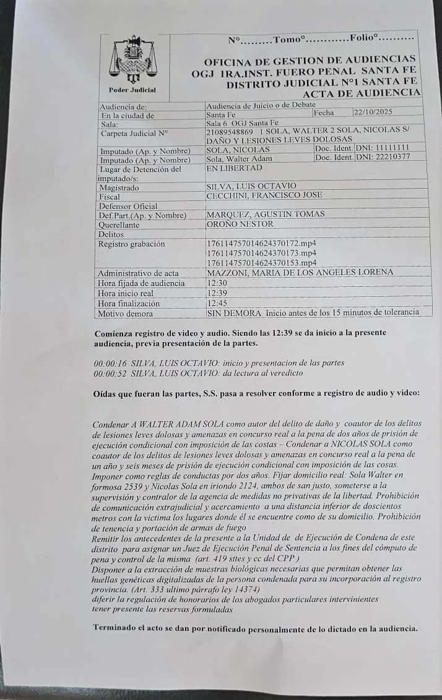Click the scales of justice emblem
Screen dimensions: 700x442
pos(133,60)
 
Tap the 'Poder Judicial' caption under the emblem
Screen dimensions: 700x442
pos(132,90)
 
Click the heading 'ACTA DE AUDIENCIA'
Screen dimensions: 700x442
pos(361,93)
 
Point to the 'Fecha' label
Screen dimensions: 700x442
pos(324,113)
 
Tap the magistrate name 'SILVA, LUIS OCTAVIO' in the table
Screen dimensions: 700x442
pos(251,186)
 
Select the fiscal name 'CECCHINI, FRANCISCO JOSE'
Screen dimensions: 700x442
pos(264,195)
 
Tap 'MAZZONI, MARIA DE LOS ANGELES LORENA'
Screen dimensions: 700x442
pos(300,272)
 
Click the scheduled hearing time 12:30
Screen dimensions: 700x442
pos(216,283)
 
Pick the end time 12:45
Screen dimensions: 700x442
pos(216,303)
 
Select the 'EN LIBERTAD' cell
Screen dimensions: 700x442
pos(234,168)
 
